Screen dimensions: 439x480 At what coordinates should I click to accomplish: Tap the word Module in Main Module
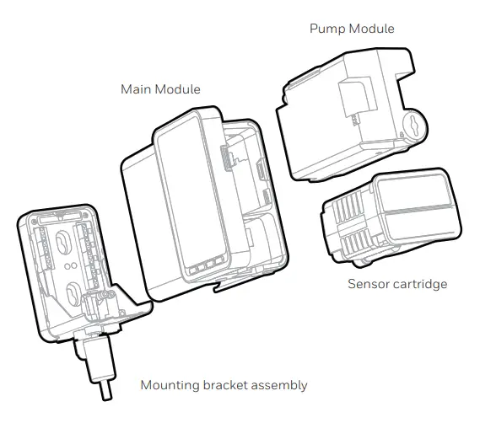pyautogui.click(x=181, y=88)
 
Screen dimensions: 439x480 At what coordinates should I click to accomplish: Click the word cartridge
pyautogui.click(x=422, y=284)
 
